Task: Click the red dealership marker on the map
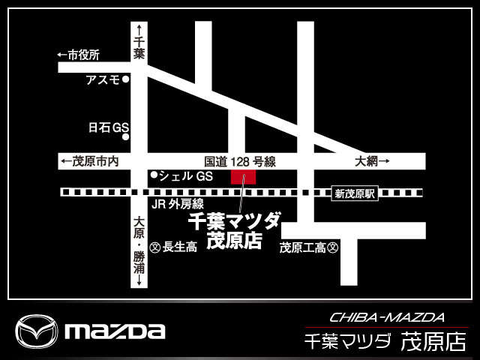coord(243,177)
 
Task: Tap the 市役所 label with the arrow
coord(78,55)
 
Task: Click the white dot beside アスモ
coord(126,79)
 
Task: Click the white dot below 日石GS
coord(126,137)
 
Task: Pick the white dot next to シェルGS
coord(154,175)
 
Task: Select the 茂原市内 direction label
coord(88,161)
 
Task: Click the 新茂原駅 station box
coord(353,193)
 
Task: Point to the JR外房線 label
coord(178,204)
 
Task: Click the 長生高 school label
coord(180,247)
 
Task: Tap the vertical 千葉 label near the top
coord(138,49)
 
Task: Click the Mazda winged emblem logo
coord(37,331)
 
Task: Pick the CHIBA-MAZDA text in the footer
coord(387,317)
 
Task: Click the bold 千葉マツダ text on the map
coord(233,221)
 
